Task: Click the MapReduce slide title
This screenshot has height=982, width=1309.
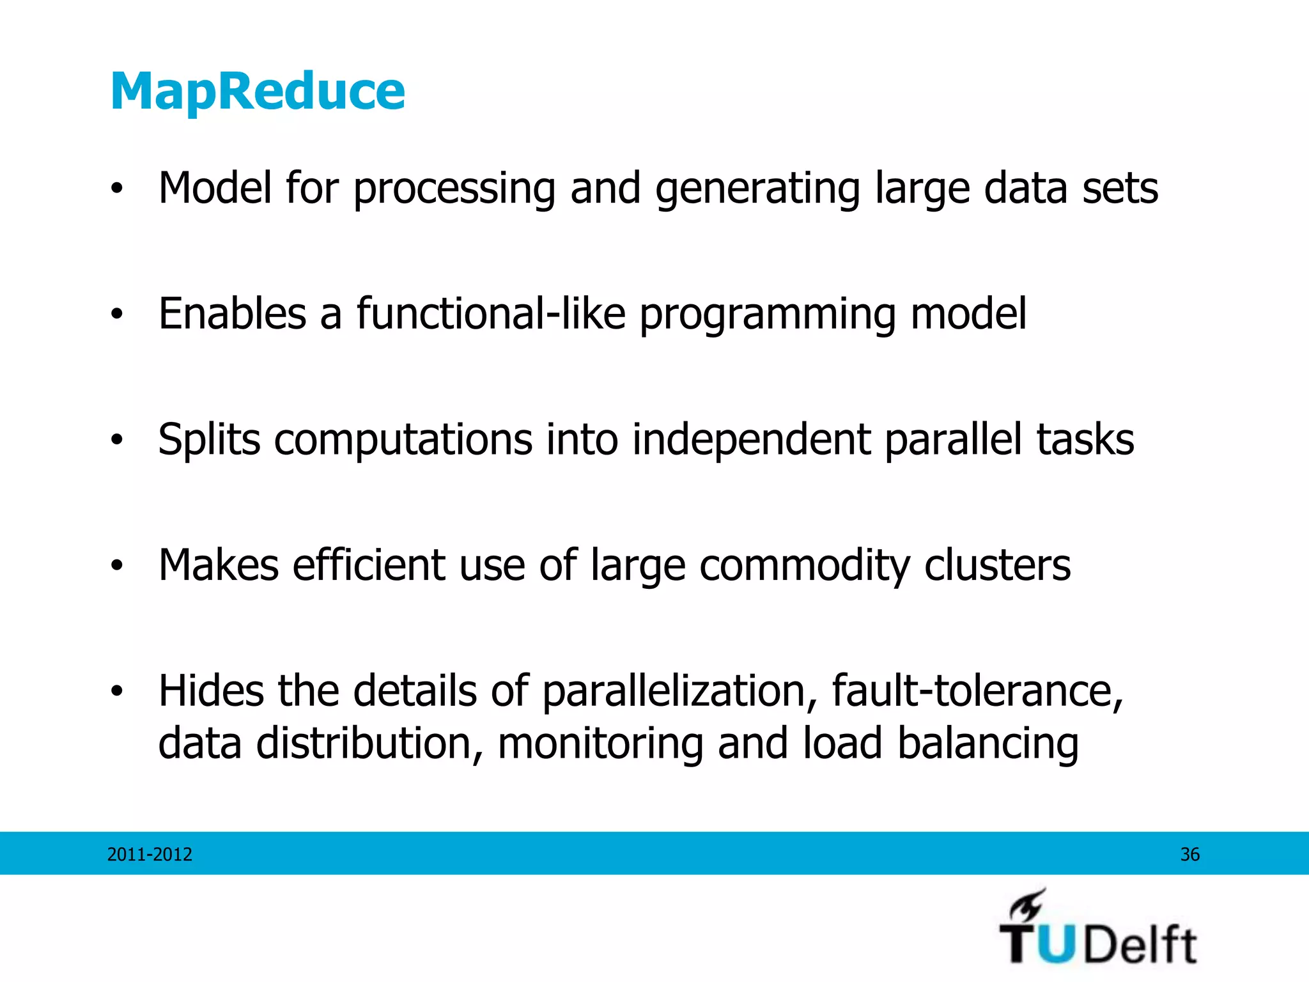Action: (258, 91)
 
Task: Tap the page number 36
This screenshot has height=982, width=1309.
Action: (1189, 854)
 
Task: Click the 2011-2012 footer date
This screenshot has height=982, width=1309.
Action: (150, 854)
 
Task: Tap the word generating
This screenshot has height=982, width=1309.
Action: (757, 190)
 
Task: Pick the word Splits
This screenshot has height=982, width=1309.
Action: (209, 440)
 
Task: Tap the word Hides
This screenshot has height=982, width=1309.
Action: (211, 691)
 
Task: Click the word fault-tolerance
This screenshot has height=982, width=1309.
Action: (977, 691)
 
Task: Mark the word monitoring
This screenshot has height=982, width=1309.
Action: (600, 744)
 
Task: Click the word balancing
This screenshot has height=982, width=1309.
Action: (988, 744)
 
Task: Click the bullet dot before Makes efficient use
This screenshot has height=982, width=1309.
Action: (116, 566)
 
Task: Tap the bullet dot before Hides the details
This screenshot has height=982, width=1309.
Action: (116, 692)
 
